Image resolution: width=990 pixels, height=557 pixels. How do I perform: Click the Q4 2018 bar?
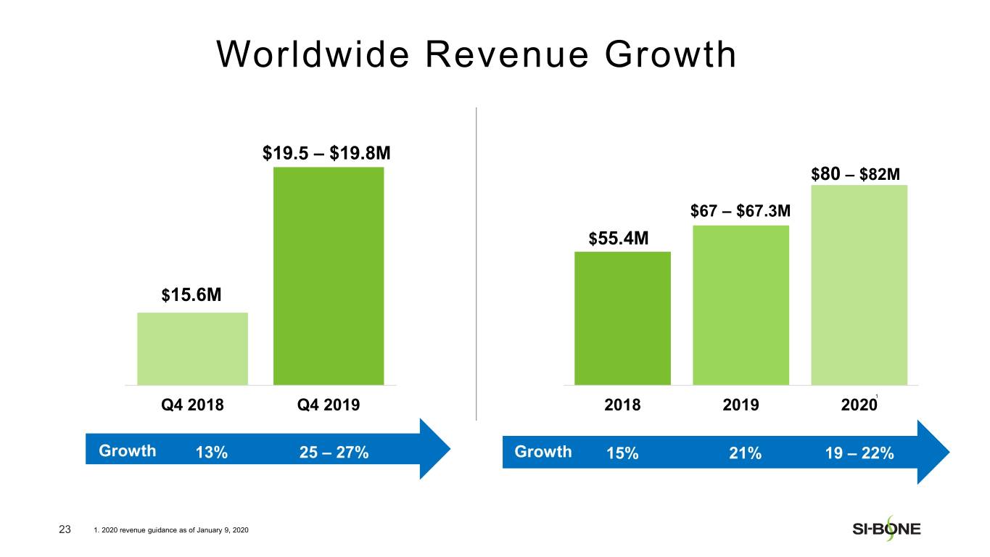click(x=192, y=349)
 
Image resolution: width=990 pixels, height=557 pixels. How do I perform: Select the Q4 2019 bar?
click(x=329, y=276)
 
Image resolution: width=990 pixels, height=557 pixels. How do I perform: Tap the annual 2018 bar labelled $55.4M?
click(x=622, y=318)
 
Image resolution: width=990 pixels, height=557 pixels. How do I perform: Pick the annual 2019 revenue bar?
click(x=741, y=305)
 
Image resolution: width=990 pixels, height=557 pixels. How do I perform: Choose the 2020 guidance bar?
click(x=859, y=285)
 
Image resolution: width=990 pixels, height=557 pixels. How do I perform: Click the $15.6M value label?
click(x=191, y=295)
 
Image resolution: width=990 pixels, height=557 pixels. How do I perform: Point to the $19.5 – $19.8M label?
click(x=326, y=154)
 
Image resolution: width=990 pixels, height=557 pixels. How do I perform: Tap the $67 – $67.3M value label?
click(x=741, y=211)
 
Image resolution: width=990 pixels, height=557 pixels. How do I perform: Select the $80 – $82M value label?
click(x=856, y=174)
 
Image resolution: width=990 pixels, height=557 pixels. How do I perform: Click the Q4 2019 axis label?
click(x=329, y=405)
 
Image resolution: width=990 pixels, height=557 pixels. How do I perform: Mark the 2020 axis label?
click(x=859, y=405)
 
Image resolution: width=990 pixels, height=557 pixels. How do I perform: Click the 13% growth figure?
click(x=212, y=453)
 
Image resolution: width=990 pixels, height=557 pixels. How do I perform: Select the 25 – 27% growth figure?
click(x=334, y=453)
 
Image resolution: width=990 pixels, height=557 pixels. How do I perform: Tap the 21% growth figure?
click(x=745, y=453)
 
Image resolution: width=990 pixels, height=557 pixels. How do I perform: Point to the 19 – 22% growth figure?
click(x=859, y=453)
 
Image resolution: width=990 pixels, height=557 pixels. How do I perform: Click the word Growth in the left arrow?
click(x=128, y=451)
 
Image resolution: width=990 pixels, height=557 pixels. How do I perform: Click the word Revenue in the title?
click(x=507, y=55)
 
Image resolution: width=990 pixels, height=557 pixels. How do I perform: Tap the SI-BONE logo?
click(x=886, y=529)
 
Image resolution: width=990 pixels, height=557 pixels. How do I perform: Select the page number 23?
click(x=65, y=529)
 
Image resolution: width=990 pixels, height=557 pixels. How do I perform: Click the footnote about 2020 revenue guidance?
click(x=171, y=530)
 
